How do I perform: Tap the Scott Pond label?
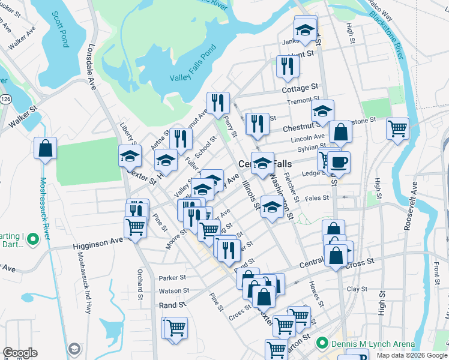coord(62,29)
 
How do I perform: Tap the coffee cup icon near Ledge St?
coord(339,162)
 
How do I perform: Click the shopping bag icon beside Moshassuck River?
coord(45,148)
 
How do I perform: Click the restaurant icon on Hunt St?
coord(288,66)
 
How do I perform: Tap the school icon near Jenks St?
coord(305,30)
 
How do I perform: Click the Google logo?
coord(20,353)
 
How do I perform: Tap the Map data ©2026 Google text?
coord(412,355)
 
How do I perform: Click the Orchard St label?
coord(140,287)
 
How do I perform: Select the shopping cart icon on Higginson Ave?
coord(136,227)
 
